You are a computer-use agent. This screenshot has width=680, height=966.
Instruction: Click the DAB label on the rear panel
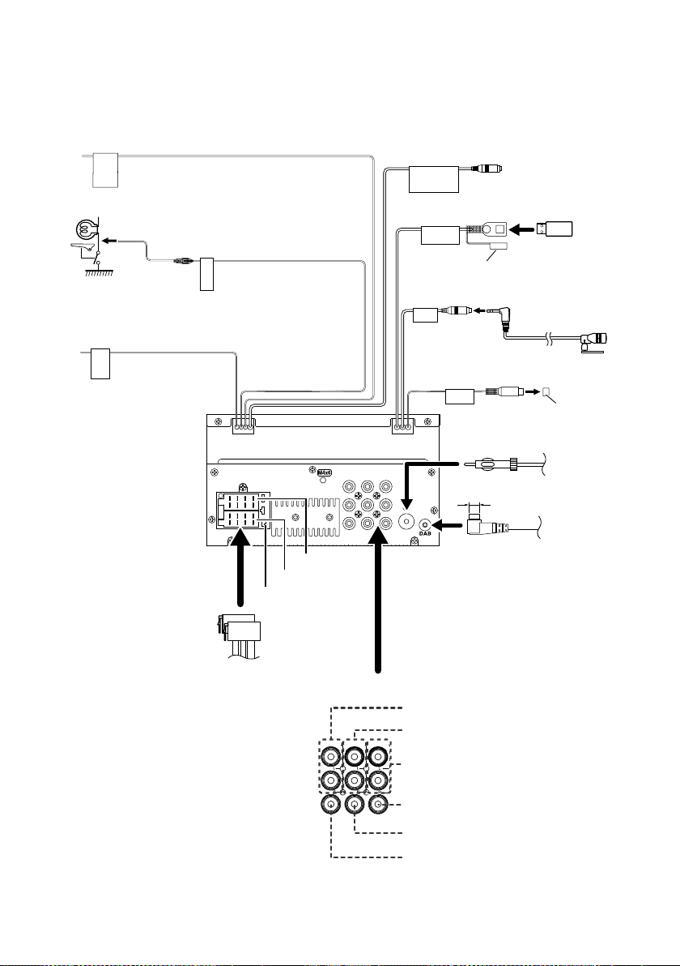point(425,533)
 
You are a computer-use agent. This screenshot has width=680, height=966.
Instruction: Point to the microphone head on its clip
point(593,338)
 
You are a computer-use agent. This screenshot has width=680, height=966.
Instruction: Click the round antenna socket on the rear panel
point(406,520)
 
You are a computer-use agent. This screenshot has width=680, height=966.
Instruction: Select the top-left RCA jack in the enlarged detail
point(331,756)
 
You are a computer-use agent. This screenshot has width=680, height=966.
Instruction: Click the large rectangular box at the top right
point(435,179)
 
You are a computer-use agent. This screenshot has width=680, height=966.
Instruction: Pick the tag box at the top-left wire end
point(104,170)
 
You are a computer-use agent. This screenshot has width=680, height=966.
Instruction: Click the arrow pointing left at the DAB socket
point(448,525)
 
